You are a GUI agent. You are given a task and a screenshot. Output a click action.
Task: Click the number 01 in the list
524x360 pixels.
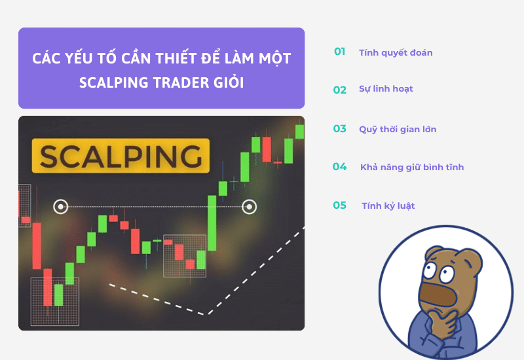click(x=339, y=52)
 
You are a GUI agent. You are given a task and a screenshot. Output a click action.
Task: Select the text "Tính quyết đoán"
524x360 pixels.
click(x=396, y=52)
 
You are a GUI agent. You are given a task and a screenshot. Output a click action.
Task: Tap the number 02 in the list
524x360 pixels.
click(x=339, y=90)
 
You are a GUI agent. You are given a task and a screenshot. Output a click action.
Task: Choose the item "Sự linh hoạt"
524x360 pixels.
click(x=386, y=89)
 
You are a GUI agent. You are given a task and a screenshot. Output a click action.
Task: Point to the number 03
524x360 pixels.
click(x=339, y=128)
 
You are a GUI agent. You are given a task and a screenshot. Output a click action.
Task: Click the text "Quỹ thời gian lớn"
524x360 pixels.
click(x=398, y=129)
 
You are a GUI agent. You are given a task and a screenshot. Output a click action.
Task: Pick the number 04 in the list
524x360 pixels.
click(x=339, y=167)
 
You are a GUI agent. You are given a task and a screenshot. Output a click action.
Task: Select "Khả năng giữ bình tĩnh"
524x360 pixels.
click(x=412, y=168)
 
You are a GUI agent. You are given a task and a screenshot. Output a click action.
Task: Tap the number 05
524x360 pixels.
click(x=339, y=206)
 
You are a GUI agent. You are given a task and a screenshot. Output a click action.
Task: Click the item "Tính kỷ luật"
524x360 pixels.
click(x=388, y=206)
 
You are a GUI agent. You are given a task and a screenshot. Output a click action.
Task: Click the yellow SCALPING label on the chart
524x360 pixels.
click(x=121, y=156)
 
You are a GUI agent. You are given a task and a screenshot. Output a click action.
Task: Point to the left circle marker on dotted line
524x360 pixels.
click(x=60, y=207)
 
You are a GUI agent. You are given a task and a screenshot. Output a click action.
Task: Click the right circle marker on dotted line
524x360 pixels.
click(x=249, y=207)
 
